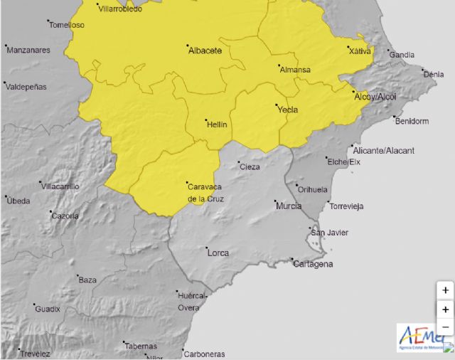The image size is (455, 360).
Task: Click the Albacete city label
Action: pos(205,51)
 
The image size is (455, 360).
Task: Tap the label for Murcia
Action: pos(288,206)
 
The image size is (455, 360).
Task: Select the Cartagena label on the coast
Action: pos(313,265)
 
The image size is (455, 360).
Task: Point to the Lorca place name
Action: pos(218,253)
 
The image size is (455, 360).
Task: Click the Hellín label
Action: pos(216,125)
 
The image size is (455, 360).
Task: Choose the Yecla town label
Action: pos(287,110)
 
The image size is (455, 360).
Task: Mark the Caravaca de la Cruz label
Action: pos(205,193)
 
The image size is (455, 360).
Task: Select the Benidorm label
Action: pos(412,121)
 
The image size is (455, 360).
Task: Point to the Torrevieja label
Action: pos(346,206)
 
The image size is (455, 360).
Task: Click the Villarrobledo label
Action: pos(119,9)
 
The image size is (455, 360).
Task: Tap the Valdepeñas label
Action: pos(26,86)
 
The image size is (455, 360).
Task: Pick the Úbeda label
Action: pos(18,201)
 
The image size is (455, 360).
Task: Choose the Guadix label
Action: pos(48,309)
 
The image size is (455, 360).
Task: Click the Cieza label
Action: pos(250,167)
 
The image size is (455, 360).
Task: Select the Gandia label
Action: pos(402,55)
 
